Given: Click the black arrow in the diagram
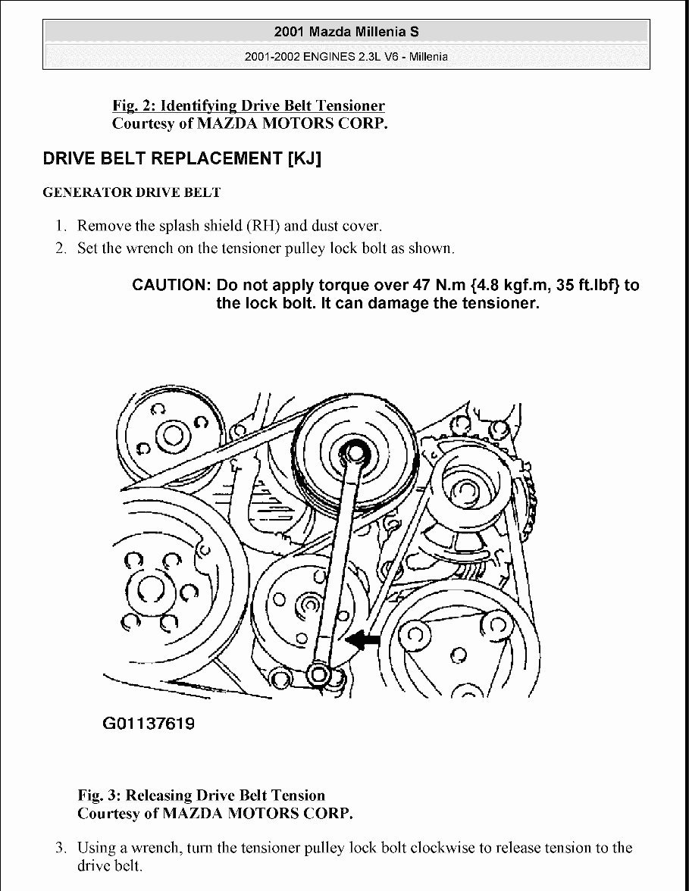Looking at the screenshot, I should (362, 640).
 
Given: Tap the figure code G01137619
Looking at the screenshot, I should (149, 724).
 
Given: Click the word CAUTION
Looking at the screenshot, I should (171, 286).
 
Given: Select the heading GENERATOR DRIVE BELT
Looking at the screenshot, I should (131, 192).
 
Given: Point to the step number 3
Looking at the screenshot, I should (61, 847).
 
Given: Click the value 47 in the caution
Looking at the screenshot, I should (421, 286).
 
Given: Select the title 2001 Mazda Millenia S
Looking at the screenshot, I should (346, 33).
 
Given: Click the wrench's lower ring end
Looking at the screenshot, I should (319, 673).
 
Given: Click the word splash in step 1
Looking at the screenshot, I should (172, 226).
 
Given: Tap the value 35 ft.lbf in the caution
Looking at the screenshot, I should (590, 286).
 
